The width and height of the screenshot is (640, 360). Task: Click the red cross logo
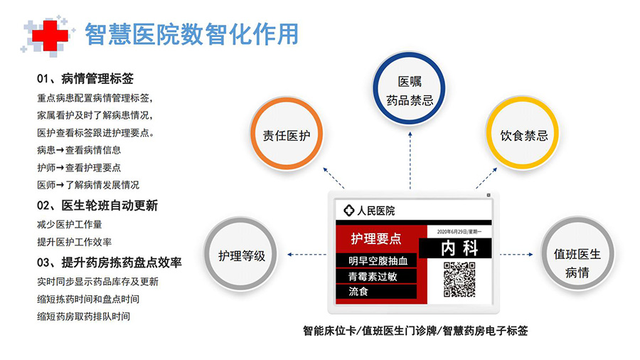point(50,35)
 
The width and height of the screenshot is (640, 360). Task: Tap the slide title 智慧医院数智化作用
point(191,34)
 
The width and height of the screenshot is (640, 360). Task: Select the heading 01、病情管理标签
point(85,78)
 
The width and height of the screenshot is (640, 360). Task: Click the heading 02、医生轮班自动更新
point(97,206)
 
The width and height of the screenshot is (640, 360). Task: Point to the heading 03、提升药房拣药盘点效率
point(109,263)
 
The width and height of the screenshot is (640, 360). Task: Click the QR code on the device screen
point(459,279)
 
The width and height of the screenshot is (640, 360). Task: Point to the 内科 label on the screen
point(459,248)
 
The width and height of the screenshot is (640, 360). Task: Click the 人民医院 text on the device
point(376,211)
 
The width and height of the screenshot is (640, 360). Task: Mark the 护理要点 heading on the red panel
point(376,239)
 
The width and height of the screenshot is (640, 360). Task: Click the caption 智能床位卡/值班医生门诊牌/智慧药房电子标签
point(415,331)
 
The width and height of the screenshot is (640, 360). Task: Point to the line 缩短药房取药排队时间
point(84,317)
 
